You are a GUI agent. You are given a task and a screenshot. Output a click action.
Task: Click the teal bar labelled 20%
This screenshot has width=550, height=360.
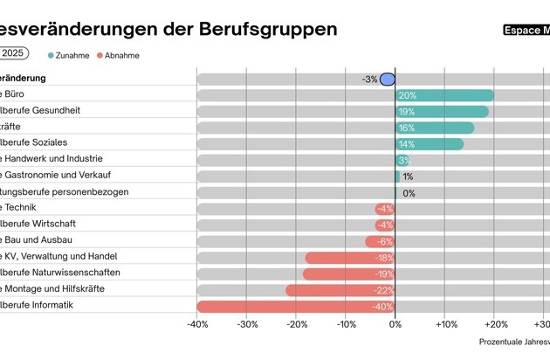coord(444,95)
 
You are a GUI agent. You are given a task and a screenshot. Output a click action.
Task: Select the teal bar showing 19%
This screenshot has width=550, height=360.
coord(442,112)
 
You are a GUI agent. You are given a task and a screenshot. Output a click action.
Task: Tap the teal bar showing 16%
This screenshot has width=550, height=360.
coord(435,128)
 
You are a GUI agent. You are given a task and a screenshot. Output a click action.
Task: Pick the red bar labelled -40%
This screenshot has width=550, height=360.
coord(296,306)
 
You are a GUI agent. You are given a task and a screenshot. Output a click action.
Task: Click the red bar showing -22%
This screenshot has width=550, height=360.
coord(340,290)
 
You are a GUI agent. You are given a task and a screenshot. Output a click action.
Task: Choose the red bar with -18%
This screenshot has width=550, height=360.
coord(350,258)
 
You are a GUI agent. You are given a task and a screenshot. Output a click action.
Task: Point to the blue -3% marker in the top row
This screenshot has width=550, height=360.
coord(388,80)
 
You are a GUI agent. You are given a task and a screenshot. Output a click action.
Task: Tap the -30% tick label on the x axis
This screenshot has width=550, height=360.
coord(247,324)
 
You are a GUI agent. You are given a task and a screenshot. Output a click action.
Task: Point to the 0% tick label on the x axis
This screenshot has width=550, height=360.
coord(395,324)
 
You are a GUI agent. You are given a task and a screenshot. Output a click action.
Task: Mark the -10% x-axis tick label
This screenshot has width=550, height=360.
coord(346,324)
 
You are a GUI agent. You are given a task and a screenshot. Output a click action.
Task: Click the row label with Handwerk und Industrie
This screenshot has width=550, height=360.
coord(52,159)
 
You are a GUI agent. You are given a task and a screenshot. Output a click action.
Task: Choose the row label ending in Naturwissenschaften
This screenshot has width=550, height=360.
coord(60,273)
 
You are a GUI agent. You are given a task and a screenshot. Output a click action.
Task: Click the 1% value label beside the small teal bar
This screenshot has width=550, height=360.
coord(408,177)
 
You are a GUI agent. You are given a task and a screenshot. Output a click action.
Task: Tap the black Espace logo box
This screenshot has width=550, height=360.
coord(526,30)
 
